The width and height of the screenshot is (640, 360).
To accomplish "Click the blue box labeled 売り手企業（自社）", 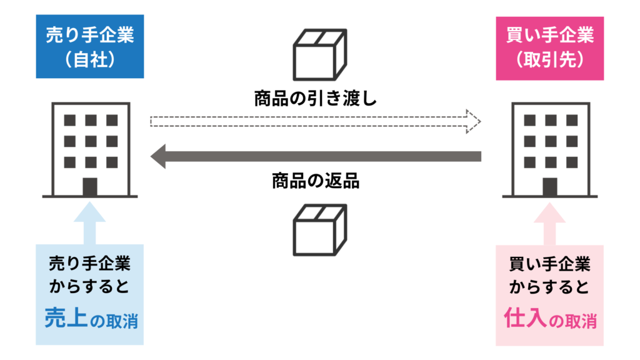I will tap(90, 47).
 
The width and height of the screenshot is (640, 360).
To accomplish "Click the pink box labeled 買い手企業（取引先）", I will tap(549, 47).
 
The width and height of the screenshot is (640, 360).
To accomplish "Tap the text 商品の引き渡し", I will tap(316, 98).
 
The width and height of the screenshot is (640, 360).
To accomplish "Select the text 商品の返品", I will tap(316, 181).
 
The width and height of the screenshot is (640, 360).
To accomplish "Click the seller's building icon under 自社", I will tap(91, 149).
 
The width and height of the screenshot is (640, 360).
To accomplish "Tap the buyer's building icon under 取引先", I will tap(550, 149).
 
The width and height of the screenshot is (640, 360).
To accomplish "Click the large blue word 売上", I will tap(64, 319).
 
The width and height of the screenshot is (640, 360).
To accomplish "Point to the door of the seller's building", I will tap(91, 186).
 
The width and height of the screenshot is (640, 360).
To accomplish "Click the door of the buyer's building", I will tap(550, 186).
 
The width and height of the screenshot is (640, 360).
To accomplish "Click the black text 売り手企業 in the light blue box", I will tap(90, 264).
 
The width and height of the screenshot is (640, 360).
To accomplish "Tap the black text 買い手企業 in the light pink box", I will tap(549, 264).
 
